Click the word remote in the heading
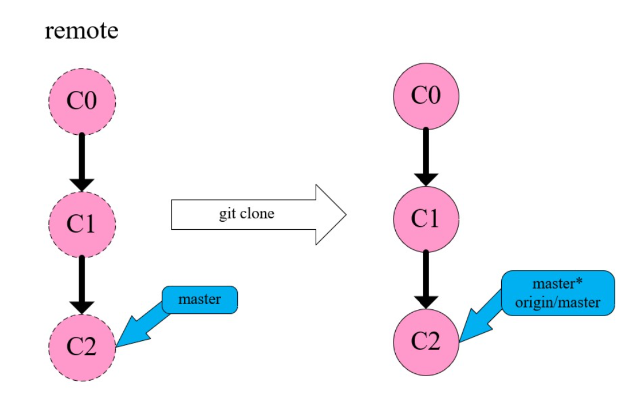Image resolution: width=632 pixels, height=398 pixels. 81,30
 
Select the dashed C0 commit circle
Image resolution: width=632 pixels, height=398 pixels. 82,101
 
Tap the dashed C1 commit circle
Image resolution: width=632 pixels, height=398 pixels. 82,223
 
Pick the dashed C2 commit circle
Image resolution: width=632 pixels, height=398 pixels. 82,346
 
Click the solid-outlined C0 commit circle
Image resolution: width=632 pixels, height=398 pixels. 426,95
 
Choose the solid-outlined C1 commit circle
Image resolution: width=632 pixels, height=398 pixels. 426,218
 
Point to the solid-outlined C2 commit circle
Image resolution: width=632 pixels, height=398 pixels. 426,342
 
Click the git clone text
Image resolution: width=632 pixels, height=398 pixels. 247,214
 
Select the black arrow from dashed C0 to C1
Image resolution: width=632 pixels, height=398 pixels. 82,161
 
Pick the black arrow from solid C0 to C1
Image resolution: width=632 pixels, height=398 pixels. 426,156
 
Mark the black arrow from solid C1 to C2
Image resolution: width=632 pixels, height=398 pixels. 426,279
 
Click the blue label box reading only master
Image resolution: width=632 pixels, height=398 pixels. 199,300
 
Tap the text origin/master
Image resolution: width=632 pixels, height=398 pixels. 558,302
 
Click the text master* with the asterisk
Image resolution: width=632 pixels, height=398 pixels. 558,285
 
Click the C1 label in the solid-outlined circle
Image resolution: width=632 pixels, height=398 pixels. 426,218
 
